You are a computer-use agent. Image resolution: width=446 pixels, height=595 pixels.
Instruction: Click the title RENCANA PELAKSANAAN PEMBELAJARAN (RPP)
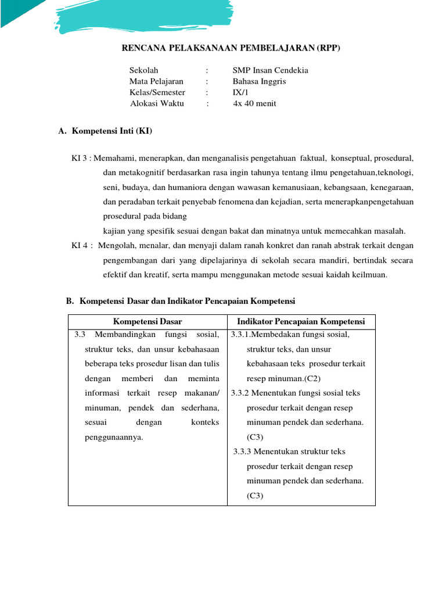[x=230, y=49]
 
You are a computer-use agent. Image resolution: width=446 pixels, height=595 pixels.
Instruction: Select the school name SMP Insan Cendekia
[x=270, y=70]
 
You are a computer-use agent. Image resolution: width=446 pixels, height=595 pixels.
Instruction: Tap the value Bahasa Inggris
[x=259, y=81]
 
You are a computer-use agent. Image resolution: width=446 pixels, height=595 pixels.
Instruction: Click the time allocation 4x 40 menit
[x=254, y=103]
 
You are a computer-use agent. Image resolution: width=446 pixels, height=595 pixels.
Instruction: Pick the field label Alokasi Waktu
[x=157, y=103]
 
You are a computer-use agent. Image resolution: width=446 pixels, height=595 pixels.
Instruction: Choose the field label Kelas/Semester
[x=157, y=92]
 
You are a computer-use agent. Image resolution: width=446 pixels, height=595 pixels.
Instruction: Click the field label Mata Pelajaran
[x=156, y=81]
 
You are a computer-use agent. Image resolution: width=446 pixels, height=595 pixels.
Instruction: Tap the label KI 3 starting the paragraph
[x=80, y=158]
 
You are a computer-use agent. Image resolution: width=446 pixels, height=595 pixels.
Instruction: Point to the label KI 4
[x=80, y=246]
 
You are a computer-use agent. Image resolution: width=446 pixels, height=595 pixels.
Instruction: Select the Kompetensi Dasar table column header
[x=148, y=321]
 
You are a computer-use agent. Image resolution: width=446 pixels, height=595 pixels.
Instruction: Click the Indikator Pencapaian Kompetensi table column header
[x=301, y=321]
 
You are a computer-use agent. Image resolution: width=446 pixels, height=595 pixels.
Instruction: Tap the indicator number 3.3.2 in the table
[x=240, y=393]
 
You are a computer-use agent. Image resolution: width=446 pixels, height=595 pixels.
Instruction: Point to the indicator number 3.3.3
[x=243, y=451]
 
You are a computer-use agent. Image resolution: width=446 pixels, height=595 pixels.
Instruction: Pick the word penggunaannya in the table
[x=114, y=437]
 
